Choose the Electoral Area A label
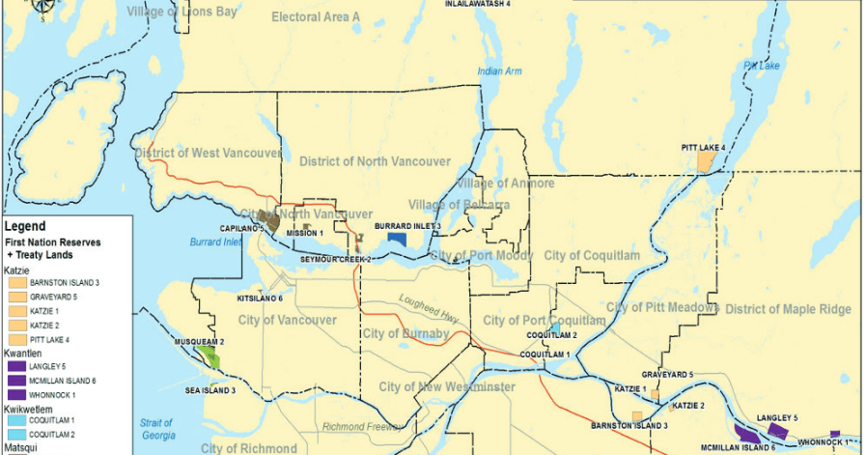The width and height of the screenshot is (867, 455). pyautogui.click(x=315, y=17)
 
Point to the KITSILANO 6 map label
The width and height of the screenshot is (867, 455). pyautogui.click(x=260, y=299)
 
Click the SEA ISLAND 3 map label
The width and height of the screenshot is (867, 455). pyautogui.click(x=210, y=390)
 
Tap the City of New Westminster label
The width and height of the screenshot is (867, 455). pyautogui.click(x=446, y=386)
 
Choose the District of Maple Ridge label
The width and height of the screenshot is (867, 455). pyautogui.click(x=788, y=309)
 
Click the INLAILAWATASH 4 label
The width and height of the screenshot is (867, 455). pyautogui.click(x=477, y=4)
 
